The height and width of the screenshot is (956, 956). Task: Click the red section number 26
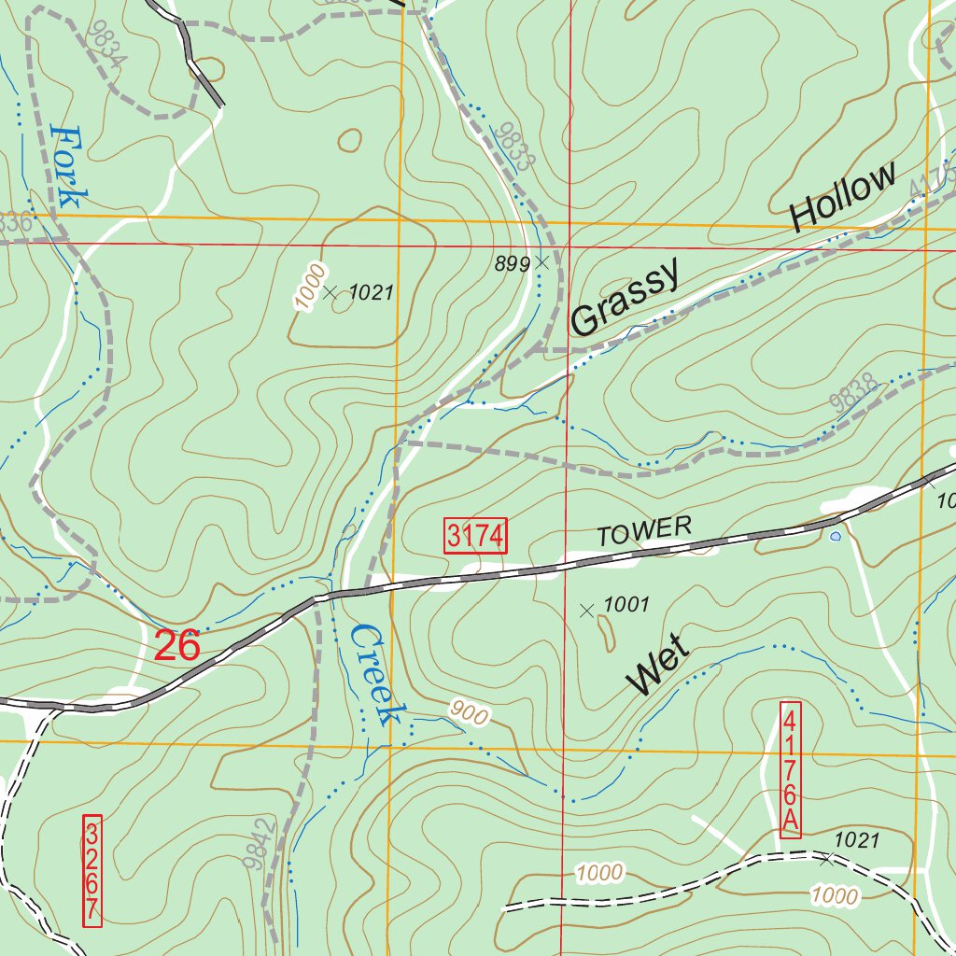[x=177, y=645]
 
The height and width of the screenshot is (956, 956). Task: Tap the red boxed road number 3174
[x=475, y=536]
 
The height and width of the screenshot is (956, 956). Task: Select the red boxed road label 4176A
[x=790, y=769]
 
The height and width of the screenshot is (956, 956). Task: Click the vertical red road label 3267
[x=91, y=871]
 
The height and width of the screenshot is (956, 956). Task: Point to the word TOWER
[x=645, y=531]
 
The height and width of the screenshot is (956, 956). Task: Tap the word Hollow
[x=843, y=198]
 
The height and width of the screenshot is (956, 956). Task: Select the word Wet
[x=659, y=665]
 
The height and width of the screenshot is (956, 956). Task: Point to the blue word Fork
[x=70, y=166]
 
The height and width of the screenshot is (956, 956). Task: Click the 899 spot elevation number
[x=513, y=264]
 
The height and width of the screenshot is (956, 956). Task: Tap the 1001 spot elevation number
[x=626, y=604]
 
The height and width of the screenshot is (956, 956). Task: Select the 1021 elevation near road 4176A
[x=856, y=840]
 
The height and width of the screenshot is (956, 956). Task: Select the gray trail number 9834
[x=105, y=44]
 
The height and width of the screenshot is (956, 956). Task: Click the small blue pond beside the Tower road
[x=835, y=537]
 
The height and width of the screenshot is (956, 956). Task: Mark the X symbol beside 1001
[x=586, y=611]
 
